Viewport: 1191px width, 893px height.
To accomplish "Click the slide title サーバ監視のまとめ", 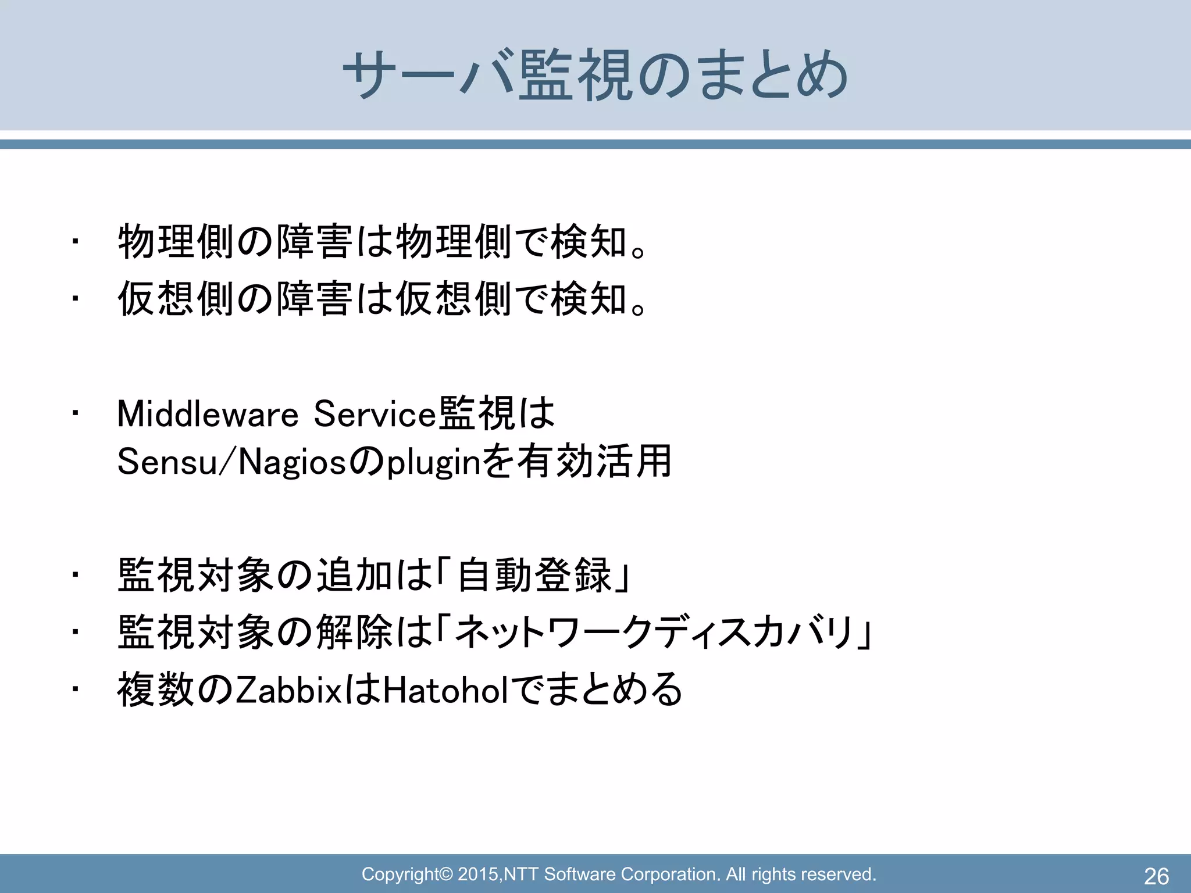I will pos(595,76).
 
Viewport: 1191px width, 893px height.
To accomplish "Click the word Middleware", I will pos(208,415).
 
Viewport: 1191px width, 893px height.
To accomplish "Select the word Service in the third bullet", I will pos(375,415).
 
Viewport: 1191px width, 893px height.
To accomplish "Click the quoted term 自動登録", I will pos(534,576).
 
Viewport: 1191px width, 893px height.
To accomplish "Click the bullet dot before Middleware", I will pos(74,414).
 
